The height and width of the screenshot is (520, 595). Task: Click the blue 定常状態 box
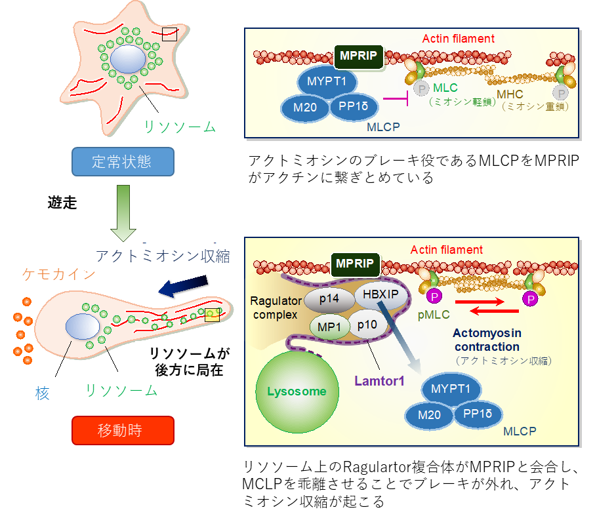pyautogui.click(x=123, y=162)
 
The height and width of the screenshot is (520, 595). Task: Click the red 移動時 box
pyautogui.click(x=123, y=431)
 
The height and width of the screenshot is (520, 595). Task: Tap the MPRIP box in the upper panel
pyautogui.click(x=359, y=56)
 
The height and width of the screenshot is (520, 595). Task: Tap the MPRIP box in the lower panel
pyautogui.click(x=355, y=264)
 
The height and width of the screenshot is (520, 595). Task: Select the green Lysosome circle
pyautogui.click(x=296, y=391)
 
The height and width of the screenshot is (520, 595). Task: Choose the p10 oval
pyautogui.click(x=367, y=325)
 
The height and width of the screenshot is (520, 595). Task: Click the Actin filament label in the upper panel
pyautogui.click(x=457, y=39)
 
